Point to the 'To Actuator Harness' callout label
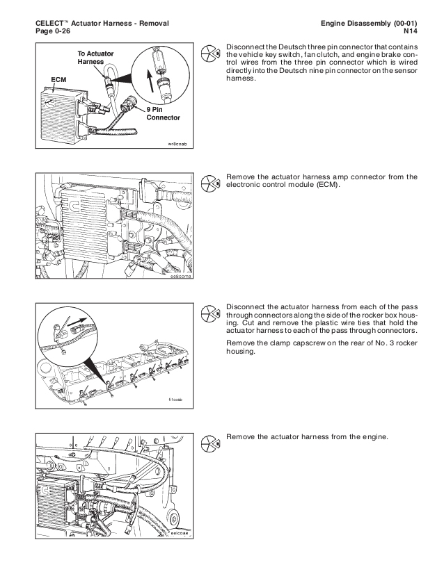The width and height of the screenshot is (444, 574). (x=97, y=58)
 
